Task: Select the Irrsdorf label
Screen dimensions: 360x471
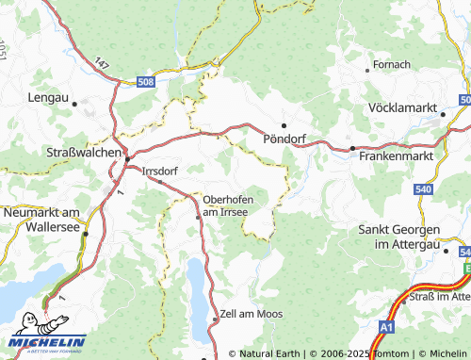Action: (159, 172)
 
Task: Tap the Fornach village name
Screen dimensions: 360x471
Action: (392, 64)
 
